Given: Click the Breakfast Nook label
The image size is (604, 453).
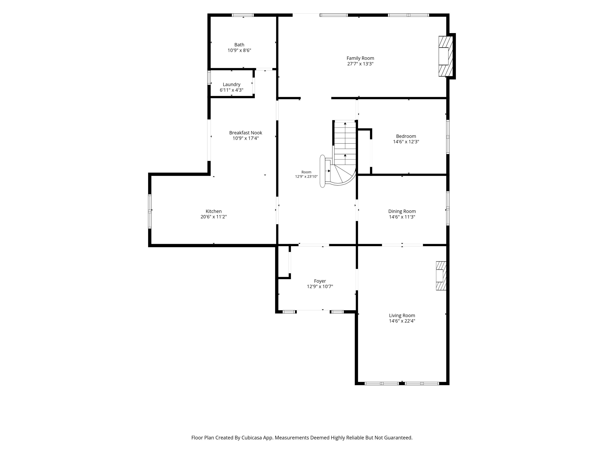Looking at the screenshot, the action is tap(246, 133).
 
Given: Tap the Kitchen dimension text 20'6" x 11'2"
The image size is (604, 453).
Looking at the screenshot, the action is tap(214, 217).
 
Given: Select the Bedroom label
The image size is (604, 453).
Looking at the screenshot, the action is tap(406, 136).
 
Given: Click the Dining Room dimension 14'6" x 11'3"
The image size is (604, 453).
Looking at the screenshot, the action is tap(402, 217).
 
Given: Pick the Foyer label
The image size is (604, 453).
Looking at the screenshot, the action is tap(320, 281).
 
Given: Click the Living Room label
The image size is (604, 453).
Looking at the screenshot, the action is tap(402, 315).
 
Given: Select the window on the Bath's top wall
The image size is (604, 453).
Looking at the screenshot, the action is tap(243, 15).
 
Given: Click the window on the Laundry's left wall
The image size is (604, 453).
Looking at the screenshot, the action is tap(209, 78).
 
